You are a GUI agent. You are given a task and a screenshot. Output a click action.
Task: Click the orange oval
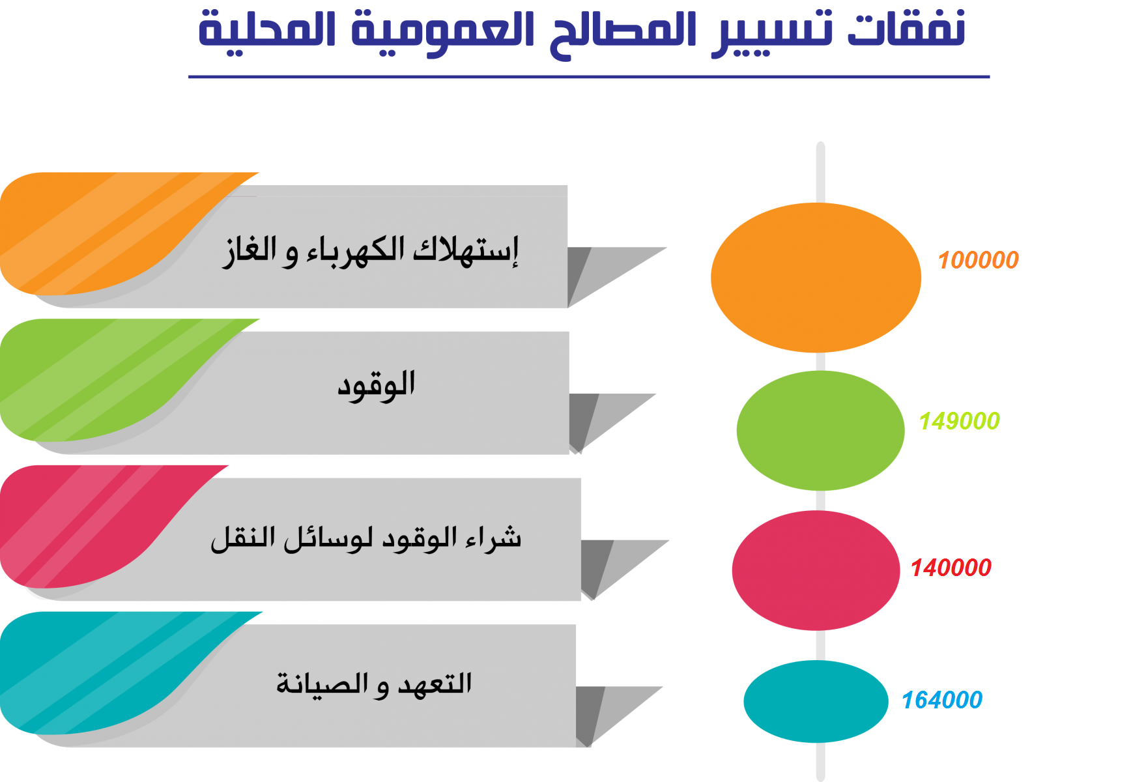tap(816, 278)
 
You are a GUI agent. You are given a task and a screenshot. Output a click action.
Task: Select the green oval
tap(820, 430)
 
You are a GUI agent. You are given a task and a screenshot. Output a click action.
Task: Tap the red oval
tap(816, 570)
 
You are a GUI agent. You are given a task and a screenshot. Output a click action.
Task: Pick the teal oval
tap(816, 701)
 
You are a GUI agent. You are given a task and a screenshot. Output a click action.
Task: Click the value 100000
tap(978, 260)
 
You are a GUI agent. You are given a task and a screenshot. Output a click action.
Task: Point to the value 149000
tap(959, 421)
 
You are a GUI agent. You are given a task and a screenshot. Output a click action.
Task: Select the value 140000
tap(951, 568)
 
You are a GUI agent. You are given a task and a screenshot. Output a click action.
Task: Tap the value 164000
tap(941, 700)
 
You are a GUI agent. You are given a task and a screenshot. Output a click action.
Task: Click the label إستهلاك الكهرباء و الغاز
tap(370, 251)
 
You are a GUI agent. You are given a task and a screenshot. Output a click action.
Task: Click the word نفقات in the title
tap(906, 29)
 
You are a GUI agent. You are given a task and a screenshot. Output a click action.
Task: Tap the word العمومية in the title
tap(443, 33)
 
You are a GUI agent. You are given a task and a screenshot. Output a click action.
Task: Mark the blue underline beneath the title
tap(589, 77)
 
